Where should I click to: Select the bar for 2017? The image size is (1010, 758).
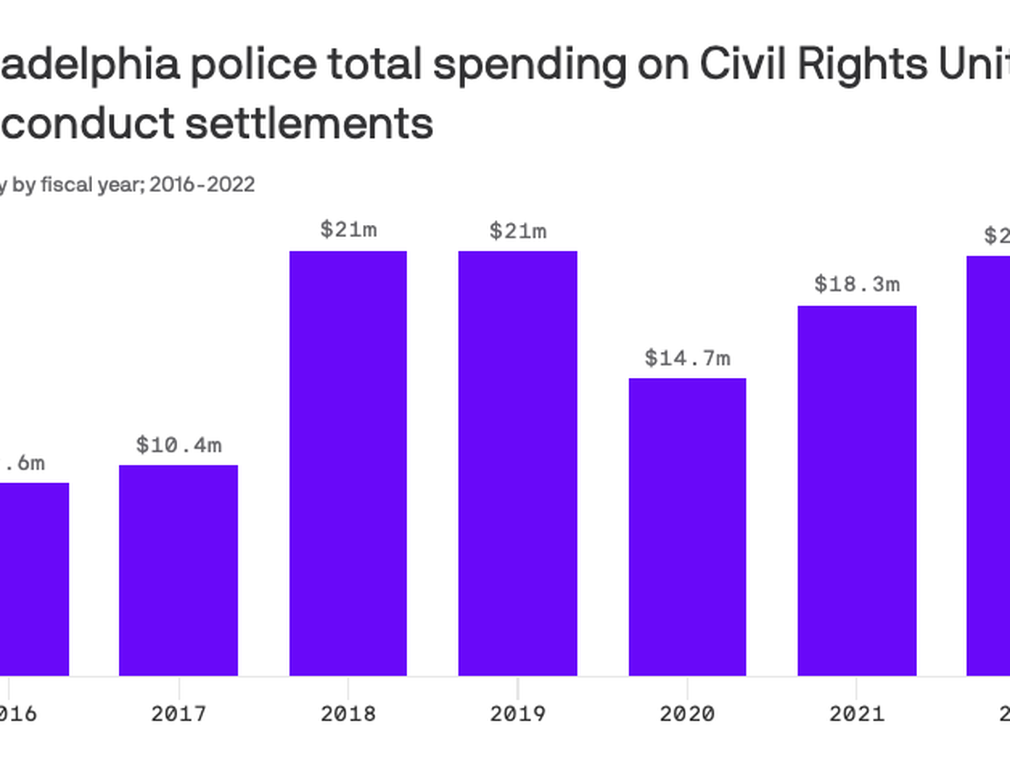tap(179, 570)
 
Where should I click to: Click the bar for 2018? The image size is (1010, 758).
tap(348, 463)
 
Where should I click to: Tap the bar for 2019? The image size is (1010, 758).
tap(518, 463)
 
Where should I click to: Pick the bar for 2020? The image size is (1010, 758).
tap(687, 527)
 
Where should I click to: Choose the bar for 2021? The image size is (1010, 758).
tap(857, 491)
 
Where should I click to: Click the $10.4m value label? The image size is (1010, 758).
tap(179, 445)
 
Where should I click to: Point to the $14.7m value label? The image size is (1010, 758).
tap(687, 359)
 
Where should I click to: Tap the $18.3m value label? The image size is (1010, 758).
tap(857, 285)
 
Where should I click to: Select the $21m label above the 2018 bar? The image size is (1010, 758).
tap(348, 230)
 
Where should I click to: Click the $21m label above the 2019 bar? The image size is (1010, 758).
tap(518, 231)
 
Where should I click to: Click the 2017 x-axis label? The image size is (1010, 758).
tap(179, 714)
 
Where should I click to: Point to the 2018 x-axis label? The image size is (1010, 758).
tap(348, 714)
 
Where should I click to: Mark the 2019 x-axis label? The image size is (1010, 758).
tap(518, 714)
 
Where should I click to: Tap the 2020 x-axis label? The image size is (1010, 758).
tap(687, 714)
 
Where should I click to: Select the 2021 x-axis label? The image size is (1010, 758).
tap(857, 714)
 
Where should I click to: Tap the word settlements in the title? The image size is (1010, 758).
tap(309, 123)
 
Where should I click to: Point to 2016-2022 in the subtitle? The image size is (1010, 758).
tap(202, 184)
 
